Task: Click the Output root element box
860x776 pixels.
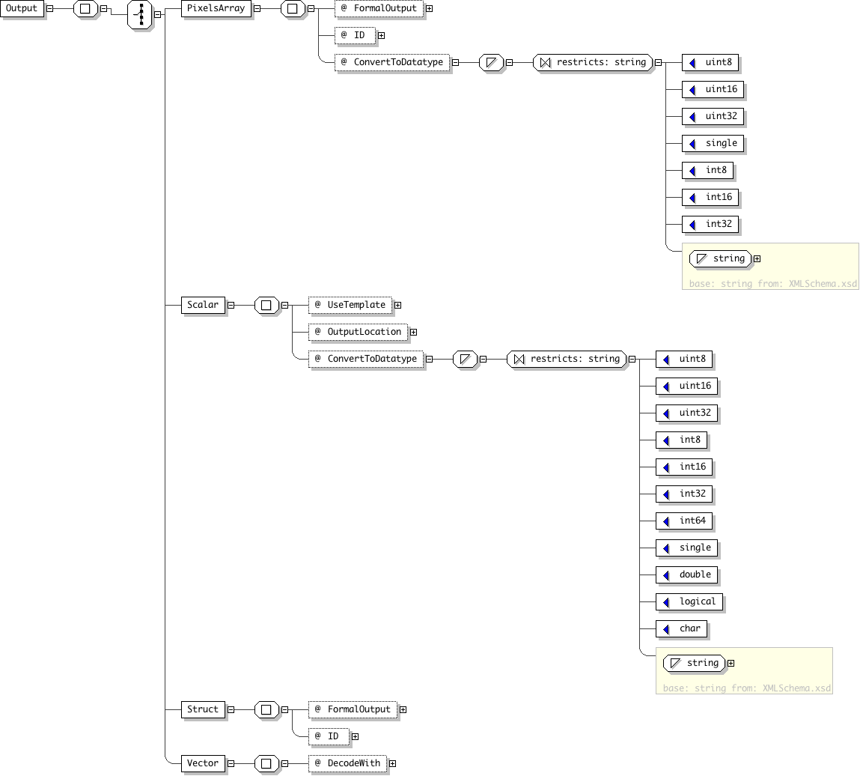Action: (22, 9)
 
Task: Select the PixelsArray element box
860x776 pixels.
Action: (216, 9)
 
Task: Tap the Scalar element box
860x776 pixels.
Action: (203, 305)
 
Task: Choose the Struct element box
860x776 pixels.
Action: (203, 709)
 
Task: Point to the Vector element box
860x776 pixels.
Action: (203, 763)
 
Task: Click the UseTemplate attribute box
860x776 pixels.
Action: (350, 305)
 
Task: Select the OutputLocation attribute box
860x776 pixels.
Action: (359, 332)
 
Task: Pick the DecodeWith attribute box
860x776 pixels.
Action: (348, 763)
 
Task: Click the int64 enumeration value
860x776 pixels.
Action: (684, 521)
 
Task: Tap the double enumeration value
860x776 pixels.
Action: (686, 575)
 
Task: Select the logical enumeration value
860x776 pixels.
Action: (689, 601)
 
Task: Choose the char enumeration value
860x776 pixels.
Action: (681, 629)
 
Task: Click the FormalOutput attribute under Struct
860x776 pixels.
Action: (353, 709)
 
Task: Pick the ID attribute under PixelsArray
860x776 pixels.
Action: (356, 36)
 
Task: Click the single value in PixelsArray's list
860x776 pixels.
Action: (713, 144)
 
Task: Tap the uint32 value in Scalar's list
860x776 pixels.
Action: (686, 413)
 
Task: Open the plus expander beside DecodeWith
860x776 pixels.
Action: (393, 763)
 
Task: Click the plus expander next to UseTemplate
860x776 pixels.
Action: (398, 305)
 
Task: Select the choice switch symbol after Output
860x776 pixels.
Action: (140, 15)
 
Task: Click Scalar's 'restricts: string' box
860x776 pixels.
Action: (567, 359)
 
